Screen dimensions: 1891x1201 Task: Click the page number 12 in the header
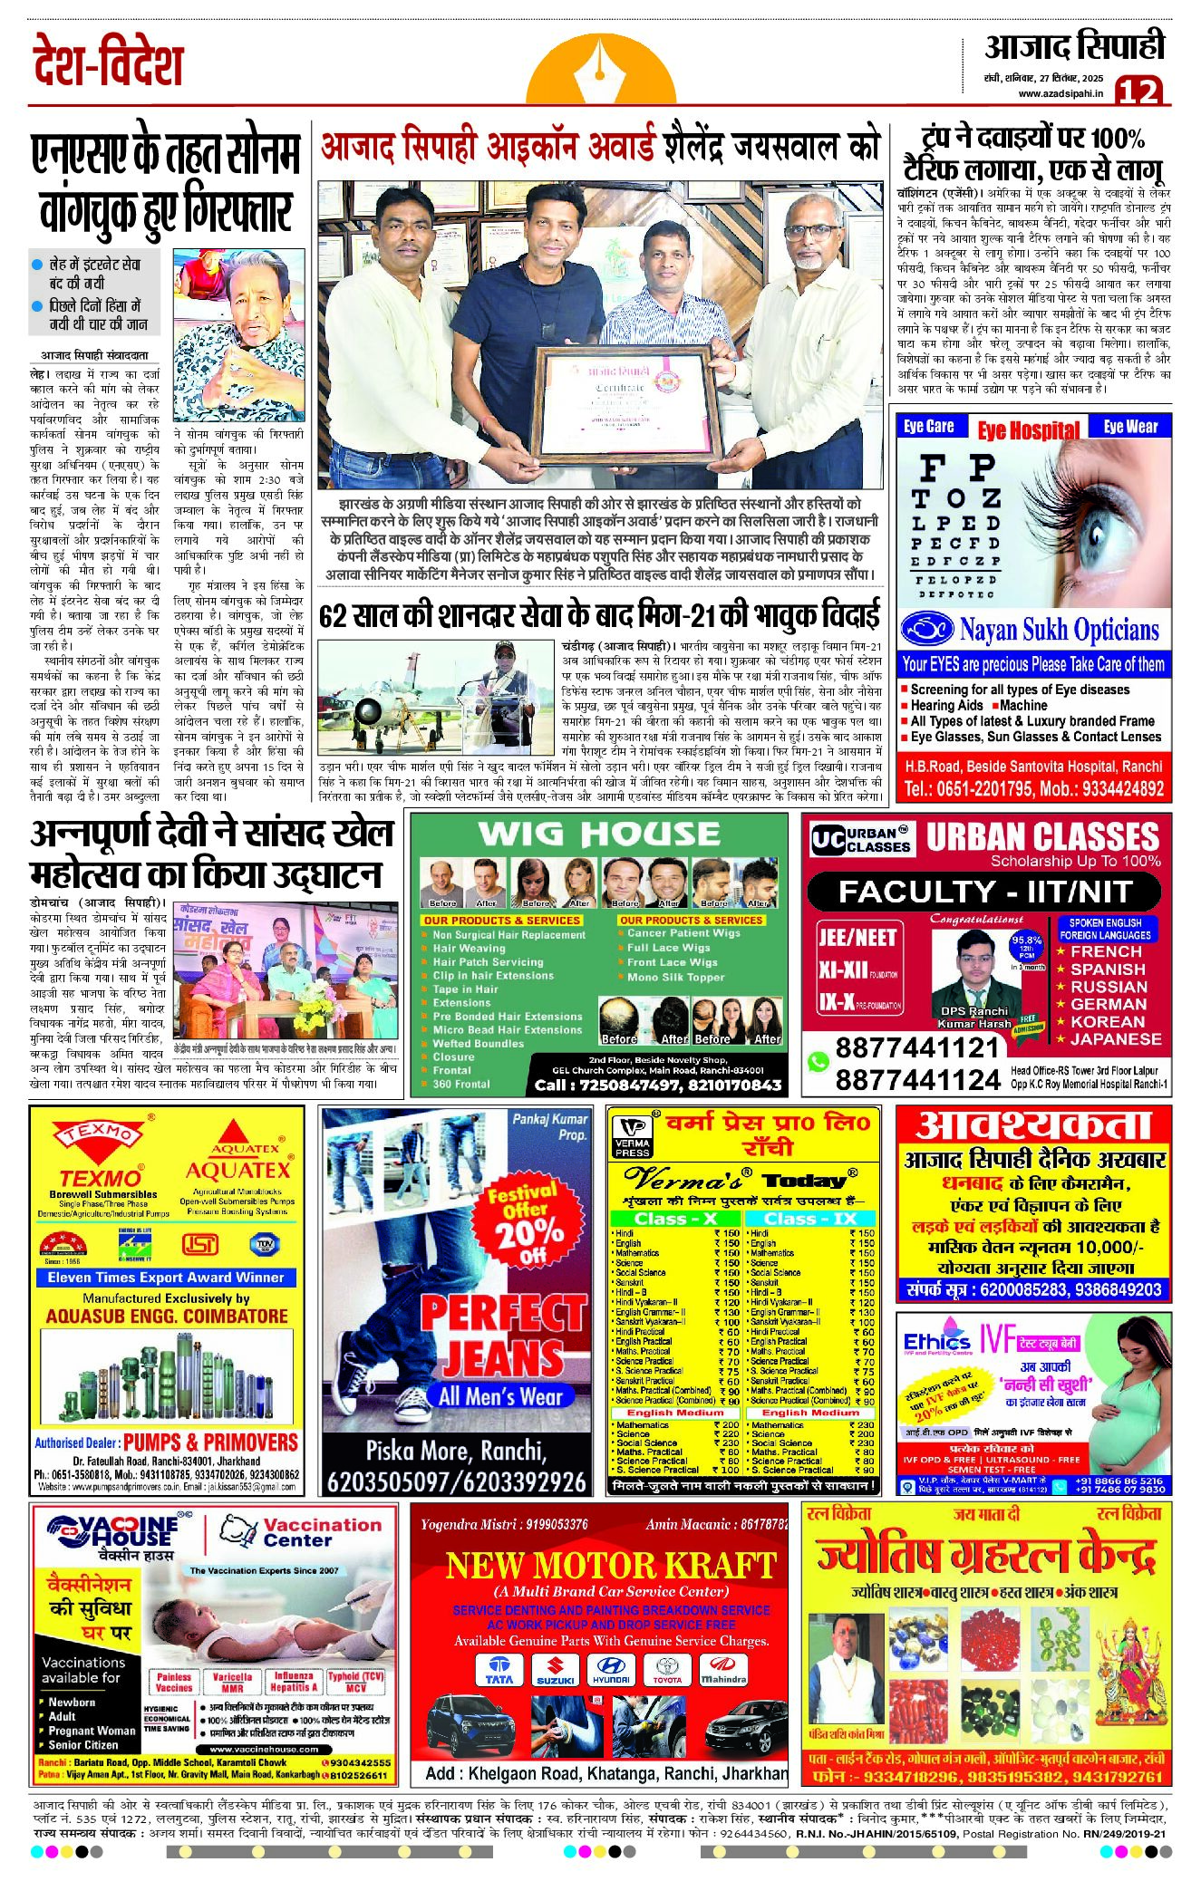[x=1138, y=91]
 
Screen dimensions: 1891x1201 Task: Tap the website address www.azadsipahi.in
[x=1061, y=92]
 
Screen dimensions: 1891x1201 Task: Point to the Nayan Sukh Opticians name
[x=1059, y=629]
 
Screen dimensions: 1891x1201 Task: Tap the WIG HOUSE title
[x=599, y=834]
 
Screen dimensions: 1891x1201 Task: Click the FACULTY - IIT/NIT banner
[x=985, y=892]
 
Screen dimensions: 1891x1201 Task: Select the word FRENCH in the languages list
[x=1106, y=951]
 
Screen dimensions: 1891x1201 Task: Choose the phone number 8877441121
[x=916, y=1048]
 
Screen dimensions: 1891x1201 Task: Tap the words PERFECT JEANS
[x=503, y=1335]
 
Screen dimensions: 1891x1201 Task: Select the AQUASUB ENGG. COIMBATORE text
[x=167, y=1316]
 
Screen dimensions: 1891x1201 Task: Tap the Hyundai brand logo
[x=612, y=1669]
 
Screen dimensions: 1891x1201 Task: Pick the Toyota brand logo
[x=667, y=1669]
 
